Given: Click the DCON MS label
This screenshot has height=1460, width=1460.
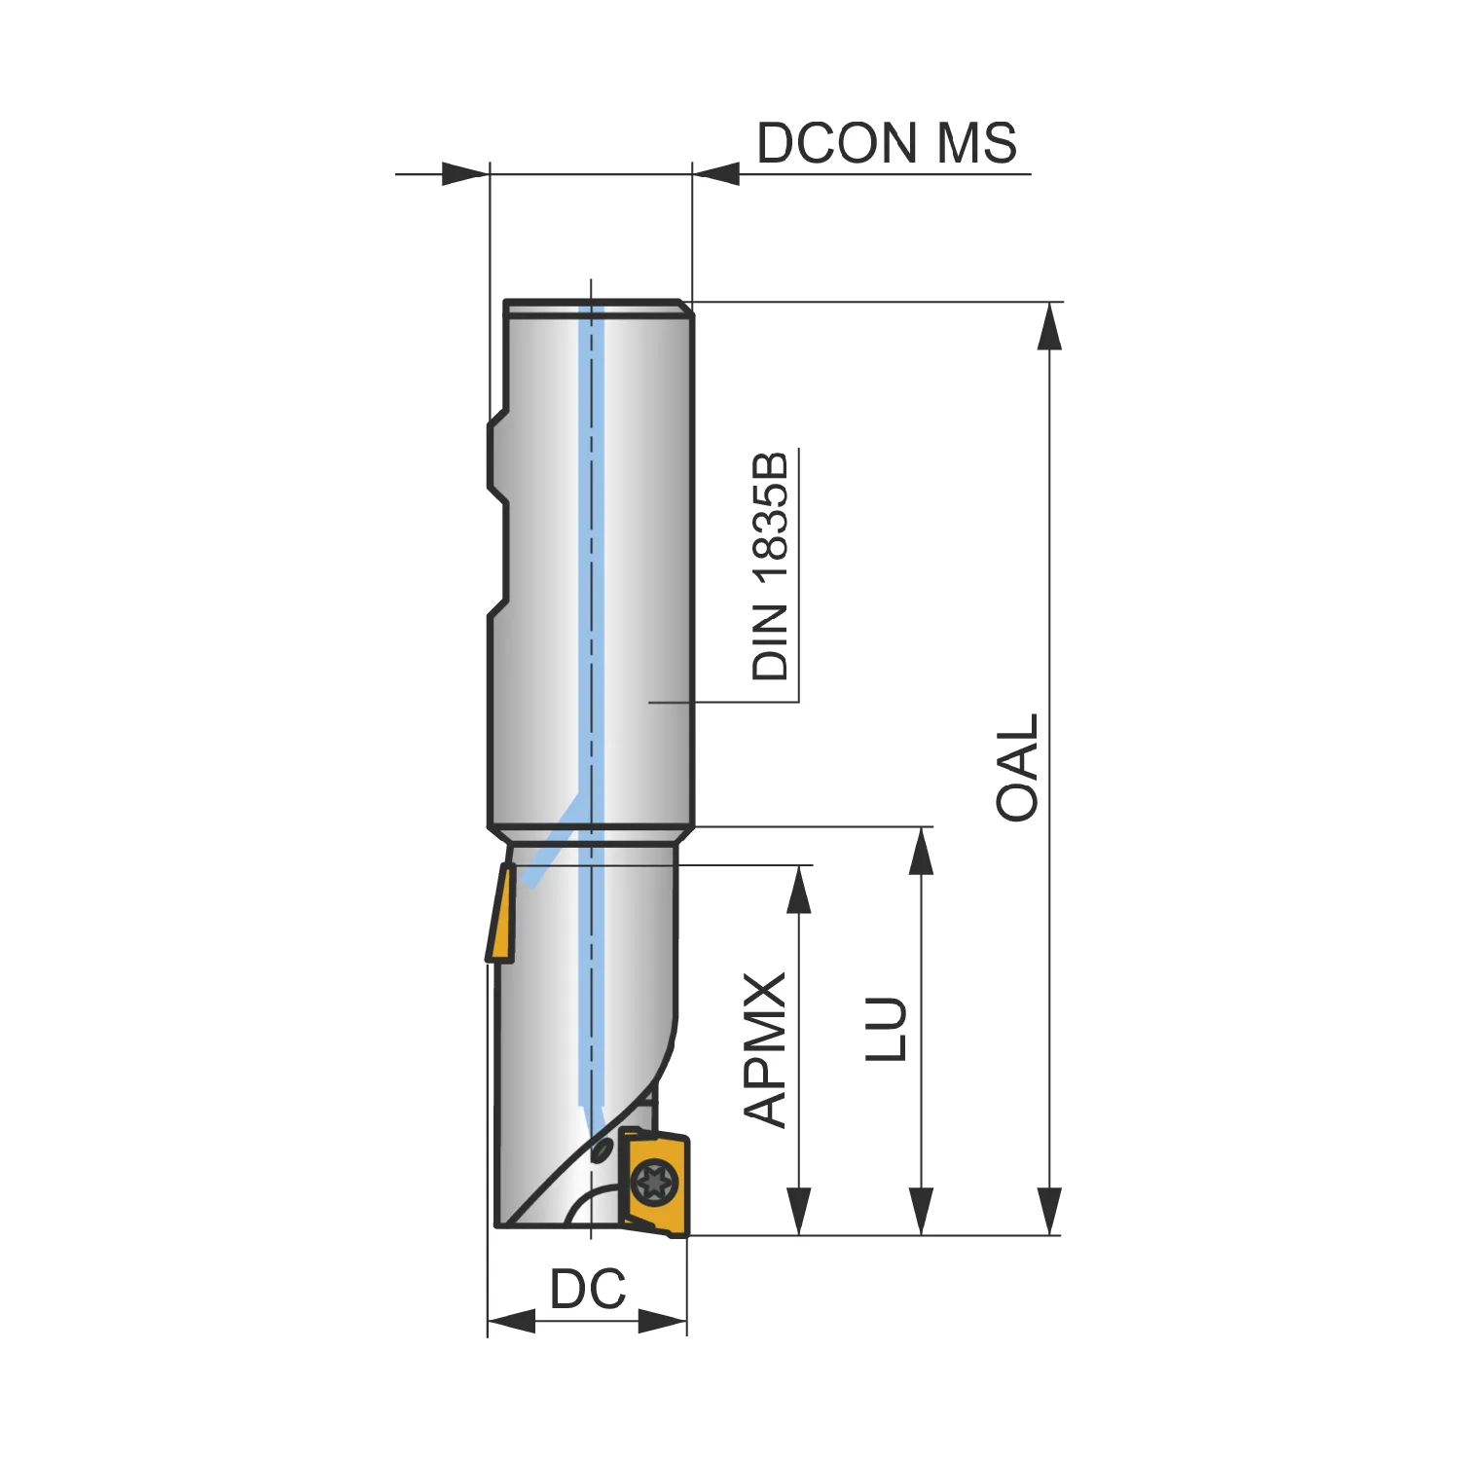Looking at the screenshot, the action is click(887, 143).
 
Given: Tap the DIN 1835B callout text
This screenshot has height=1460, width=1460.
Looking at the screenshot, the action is click(771, 566).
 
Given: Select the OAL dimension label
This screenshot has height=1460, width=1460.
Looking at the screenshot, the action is click(1018, 768).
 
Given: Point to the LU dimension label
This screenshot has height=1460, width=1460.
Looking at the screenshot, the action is click(887, 1028).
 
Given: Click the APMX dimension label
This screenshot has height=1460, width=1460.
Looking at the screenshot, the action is click(766, 1050).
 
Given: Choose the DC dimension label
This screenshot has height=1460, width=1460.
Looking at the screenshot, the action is click(588, 1290).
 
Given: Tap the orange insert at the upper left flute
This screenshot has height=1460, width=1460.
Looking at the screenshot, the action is click(500, 913).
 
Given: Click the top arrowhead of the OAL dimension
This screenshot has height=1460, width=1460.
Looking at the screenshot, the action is click(1049, 325).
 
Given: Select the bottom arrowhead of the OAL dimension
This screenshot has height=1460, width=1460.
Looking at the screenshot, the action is click(1049, 1212).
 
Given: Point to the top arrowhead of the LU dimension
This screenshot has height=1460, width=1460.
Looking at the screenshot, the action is click(921, 851).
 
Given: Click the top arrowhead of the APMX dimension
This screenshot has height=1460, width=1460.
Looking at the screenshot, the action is click(799, 889).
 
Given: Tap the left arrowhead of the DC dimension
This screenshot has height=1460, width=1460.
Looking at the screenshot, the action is click(511, 1321).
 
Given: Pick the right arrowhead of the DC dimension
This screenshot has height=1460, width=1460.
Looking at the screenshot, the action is click(663, 1321).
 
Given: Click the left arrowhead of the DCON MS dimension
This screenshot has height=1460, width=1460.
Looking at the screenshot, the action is click(465, 174).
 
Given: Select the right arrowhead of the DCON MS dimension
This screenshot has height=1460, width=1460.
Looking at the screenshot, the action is click(716, 174).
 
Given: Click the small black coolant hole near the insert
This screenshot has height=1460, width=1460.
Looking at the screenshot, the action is click(602, 1150).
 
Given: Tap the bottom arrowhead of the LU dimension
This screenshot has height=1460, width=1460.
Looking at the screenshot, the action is click(921, 1212).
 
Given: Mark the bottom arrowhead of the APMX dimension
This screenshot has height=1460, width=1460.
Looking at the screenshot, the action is click(799, 1212).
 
